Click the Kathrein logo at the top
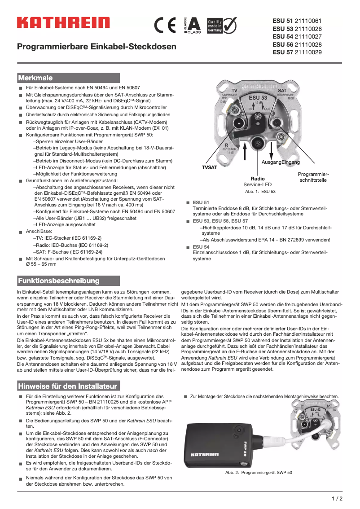[x=63, y=22]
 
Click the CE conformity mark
[x=165, y=25]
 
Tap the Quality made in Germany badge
[x=221, y=25]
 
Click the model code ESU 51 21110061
[x=297, y=21]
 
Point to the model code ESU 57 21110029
[x=297, y=53]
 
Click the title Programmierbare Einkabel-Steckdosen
[x=97, y=47]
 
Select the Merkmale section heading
[x=35, y=78]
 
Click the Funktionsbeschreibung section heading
[x=58, y=281]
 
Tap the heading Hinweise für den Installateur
[x=67, y=386]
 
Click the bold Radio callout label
[x=258, y=179]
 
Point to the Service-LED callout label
[x=257, y=184]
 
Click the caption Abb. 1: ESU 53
[x=260, y=192]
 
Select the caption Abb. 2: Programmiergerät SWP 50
[x=259, y=473]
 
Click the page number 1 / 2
[x=337, y=498]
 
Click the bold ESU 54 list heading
[x=201, y=247]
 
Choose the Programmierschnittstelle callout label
[x=313, y=177]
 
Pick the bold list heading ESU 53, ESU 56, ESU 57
[x=220, y=221]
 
